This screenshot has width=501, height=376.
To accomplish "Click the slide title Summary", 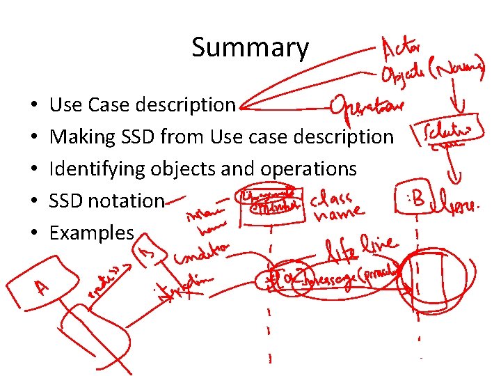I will (x=250, y=47).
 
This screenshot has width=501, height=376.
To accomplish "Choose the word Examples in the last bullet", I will (x=91, y=233).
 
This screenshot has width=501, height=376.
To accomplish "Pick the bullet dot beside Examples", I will (x=34, y=233).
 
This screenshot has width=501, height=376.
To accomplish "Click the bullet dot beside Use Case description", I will (x=34, y=105).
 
